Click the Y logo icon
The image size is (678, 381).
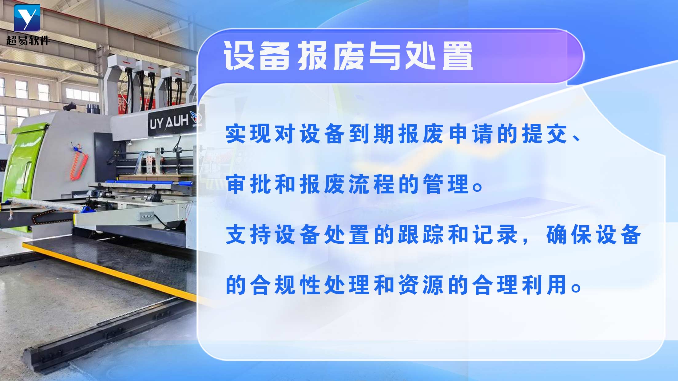click(27, 18)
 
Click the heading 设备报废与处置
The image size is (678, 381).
click(348, 56)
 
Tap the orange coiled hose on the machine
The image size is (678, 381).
click(77, 163)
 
